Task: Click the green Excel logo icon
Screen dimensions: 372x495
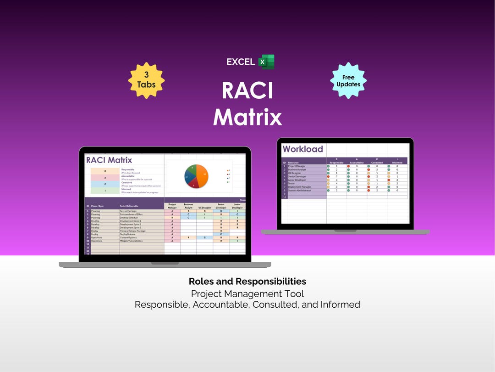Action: [x=266, y=62]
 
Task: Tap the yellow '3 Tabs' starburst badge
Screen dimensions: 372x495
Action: [x=146, y=80]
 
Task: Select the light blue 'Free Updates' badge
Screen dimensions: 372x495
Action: [x=348, y=80]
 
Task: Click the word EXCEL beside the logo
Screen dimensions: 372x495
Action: [x=241, y=62]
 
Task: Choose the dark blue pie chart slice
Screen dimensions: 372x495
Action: [x=188, y=178]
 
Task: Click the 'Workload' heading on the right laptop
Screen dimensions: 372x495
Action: [x=302, y=149]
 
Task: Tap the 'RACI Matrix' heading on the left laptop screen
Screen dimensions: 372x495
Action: [x=109, y=160]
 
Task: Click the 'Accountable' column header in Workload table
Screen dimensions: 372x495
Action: [x=357, y=163]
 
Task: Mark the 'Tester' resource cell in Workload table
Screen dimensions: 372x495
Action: [x=291, y=184]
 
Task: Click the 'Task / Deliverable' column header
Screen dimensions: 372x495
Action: [x=129, y=206]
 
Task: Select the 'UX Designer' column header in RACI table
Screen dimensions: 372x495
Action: [x=204, y=208]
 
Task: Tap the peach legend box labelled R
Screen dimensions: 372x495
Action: [x=105, y=170]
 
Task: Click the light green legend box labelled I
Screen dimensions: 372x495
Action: [x=105, y=191]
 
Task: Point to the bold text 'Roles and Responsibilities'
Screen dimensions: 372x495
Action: [x=247, y=282]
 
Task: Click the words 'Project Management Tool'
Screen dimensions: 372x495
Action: [x=247, y=293]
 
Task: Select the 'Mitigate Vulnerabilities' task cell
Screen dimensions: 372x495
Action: [x=132, y=241]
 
